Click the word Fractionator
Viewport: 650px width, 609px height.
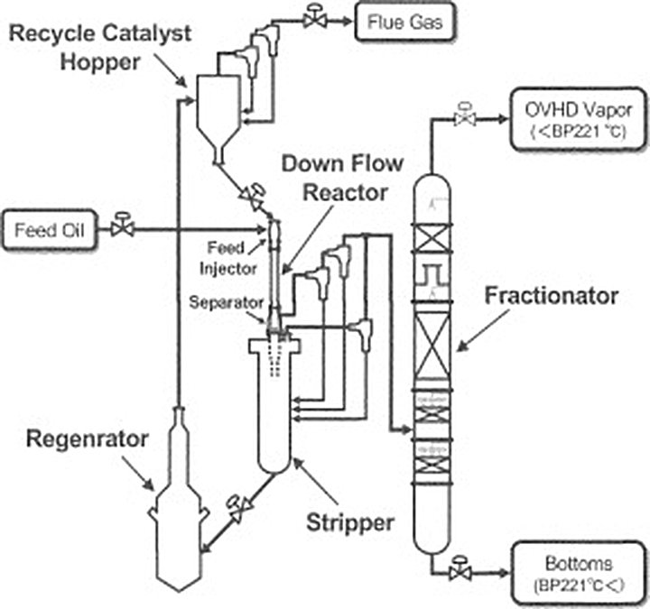tap(550, 296)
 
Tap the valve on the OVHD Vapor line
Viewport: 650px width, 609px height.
tap(467, 117)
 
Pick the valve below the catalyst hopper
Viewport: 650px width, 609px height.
tap(252, 194)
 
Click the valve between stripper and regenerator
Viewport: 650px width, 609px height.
tap(237, 508)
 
